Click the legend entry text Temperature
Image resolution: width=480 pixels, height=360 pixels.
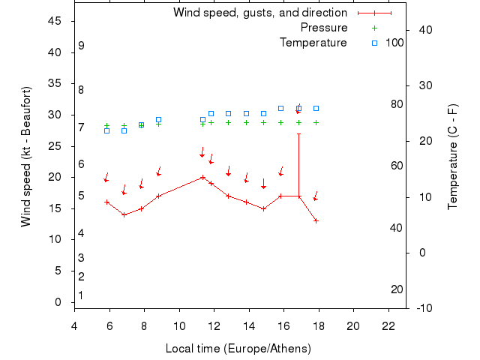pyautogui.click(x=313, y=43)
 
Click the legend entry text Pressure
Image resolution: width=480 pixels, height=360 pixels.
pyautogui.click(x=323, y=28)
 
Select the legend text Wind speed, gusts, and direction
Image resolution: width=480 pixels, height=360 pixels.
pyautogui.click(x=259, y=13)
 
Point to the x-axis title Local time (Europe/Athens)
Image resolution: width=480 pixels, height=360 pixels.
pyautogui.click(x=238, y=349)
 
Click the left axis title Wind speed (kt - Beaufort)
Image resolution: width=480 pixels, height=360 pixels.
pyautogui.click(x=25, y=156)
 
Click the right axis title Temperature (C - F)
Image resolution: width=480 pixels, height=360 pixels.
pyautogui.click(x=452, y=156)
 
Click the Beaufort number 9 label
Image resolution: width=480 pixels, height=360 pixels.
pyautogui.click(x=81, y=46)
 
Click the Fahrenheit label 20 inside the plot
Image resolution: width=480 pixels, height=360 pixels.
pyautogui.click(x=397, y=289)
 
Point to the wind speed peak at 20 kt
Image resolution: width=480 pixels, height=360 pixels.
pyautogui.click(x=202, y=178)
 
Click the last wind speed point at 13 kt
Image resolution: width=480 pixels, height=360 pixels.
pyautogui.click(x=316, y=220)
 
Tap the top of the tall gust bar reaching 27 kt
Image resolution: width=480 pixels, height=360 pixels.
pyautogui.click(x=299, y=133)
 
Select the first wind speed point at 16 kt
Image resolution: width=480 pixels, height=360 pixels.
pyautogui.click(x=107, y=202)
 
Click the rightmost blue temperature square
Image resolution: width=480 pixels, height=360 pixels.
pyautogui.click(x=316, y=108)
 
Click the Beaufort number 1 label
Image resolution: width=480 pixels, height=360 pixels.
pyautogui.click(x=81, y=295)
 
